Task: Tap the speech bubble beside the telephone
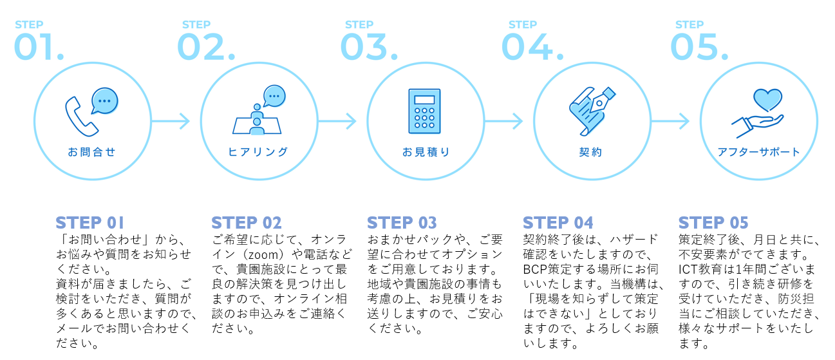[x=104, y=101]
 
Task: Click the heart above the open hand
[x=767, y=100]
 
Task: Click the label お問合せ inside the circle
[x=91, y=153]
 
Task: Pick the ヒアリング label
[x=258, y=153]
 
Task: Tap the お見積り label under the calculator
[x=425, y=153]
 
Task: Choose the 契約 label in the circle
[x=590, y=153]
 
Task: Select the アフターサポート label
[x=758, y=153]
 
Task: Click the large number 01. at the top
[x=39, y=47]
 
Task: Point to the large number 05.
[x=699, y=47]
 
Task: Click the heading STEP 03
[x=402, y=223]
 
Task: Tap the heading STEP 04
[x=558, y=223]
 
